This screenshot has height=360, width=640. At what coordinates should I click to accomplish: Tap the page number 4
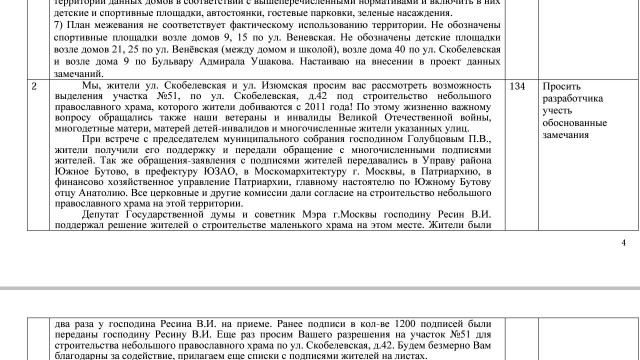coord(623,242)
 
